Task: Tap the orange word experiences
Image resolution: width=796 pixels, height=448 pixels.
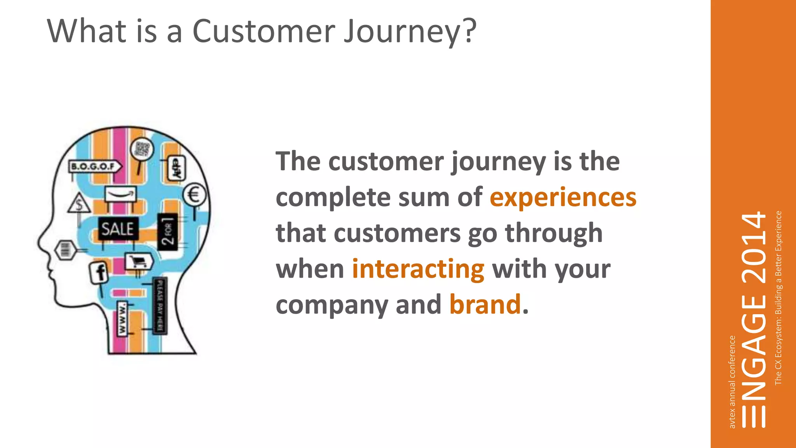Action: pos(563,197)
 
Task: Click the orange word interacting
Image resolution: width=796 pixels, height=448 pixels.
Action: pos(418,269)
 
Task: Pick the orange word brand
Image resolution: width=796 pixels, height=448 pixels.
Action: pos(485,304)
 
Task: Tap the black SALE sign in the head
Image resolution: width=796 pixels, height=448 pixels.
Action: pos(117,229)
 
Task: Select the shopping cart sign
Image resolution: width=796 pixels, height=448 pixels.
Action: pos(139,261)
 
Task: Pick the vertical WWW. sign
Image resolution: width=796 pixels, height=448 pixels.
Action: pos(122,318)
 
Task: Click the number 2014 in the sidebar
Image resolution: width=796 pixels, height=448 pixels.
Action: pos(753,249)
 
